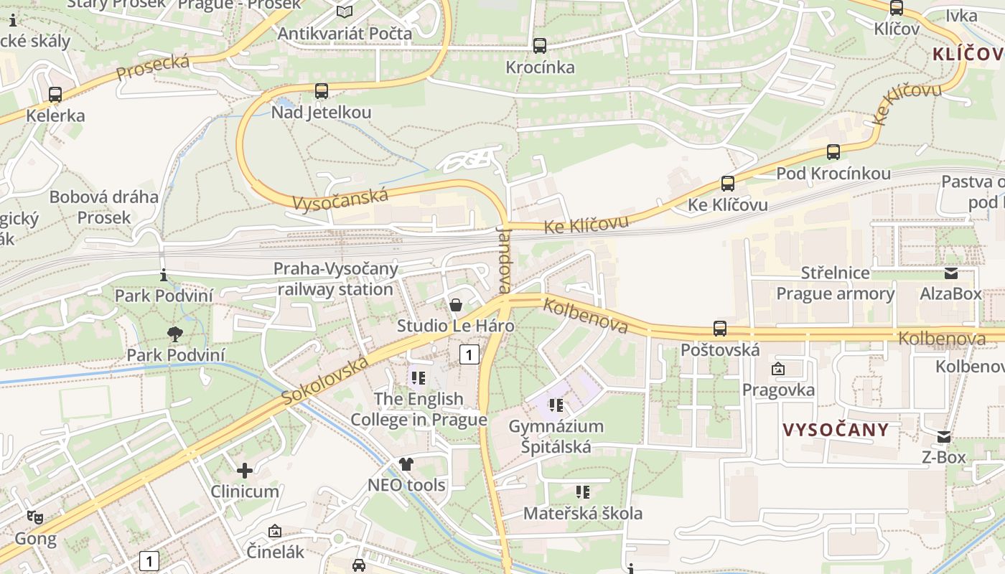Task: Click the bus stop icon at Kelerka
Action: [x=55, y=94]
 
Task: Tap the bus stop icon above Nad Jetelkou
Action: [x=322, y=91]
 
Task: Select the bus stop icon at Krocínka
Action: [x=540, y=46]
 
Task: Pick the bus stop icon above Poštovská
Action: [x=720, y=329]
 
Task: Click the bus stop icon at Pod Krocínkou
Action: [x=833, y=152]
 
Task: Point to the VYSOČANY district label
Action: [x=836, y=430]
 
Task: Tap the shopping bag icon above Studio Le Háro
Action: [x=455, y=305]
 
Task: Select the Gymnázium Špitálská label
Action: [x=556, y=437]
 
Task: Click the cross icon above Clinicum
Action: [x=245, y=471]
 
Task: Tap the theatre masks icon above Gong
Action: [x=34, y=517]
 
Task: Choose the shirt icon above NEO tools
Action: [x=406, y=464]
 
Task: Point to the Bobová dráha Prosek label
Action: [x=104, y=207]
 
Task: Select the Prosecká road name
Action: [x=153, y=67]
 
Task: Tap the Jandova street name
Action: [x=503, y=260]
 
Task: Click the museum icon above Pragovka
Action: [x=778, y=370]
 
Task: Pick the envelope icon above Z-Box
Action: [x=944, y=436]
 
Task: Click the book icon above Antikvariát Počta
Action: [x=345, y=11]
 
